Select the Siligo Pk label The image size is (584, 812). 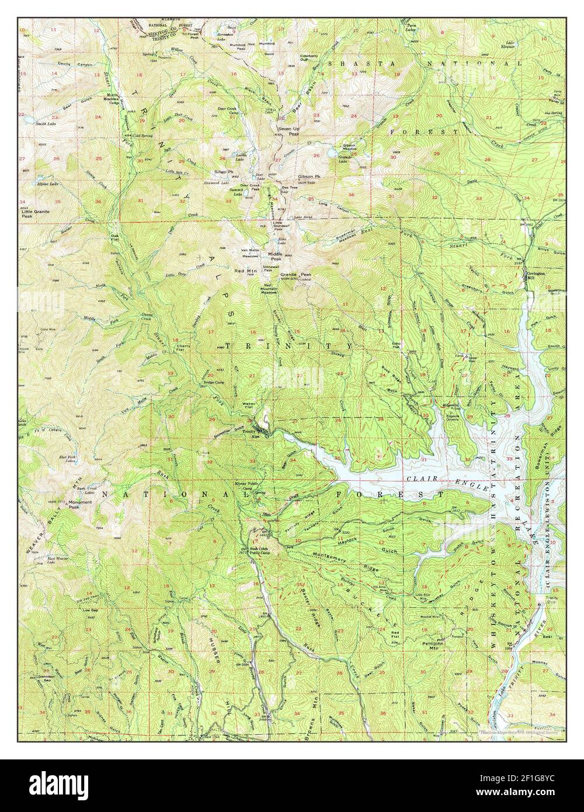point(224,172)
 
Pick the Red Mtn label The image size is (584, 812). point(245,272)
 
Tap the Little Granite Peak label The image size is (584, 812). point(35,213)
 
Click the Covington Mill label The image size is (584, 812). point(537,275)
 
